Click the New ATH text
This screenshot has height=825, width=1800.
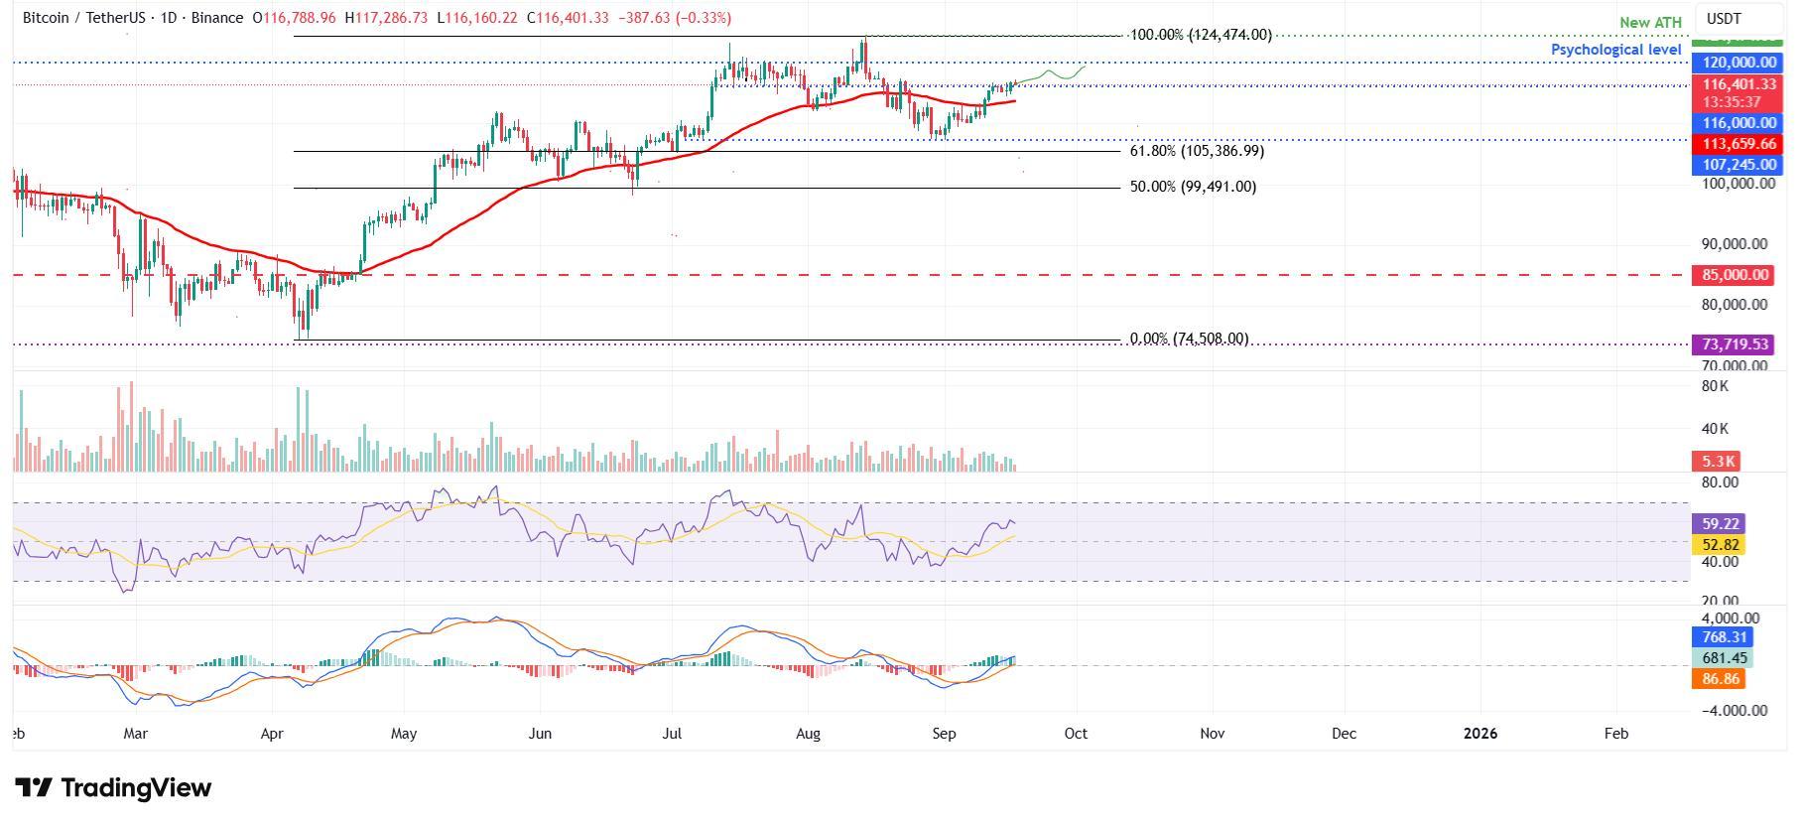[1650, 23]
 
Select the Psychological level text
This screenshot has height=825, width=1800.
[1615, 49]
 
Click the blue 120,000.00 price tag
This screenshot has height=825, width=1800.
[1738, 63]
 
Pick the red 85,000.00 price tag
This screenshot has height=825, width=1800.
[1732, 275]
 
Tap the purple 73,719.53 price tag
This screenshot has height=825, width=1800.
[1732, 344]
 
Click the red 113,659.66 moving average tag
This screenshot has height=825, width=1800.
[1738, 144]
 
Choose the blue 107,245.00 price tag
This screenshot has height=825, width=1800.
[1738, 165]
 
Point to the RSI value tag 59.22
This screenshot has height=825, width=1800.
[1717, 523]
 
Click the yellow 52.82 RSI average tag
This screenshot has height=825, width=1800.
[1717, 544]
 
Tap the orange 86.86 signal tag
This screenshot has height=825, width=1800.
[1717, 679]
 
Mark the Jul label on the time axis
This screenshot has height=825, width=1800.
[672, 734]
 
